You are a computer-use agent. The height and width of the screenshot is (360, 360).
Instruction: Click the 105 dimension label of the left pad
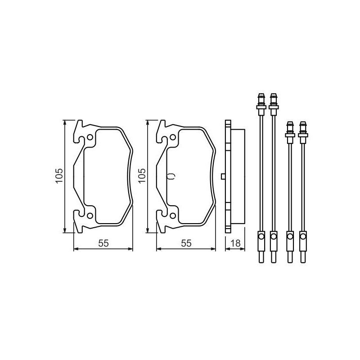pos(59,175)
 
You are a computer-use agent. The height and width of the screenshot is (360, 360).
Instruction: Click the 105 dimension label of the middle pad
pos(142,175)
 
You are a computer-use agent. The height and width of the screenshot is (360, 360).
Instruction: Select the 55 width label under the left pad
pos(103,243)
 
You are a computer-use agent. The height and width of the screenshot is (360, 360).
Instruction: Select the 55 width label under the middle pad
pos(186,243)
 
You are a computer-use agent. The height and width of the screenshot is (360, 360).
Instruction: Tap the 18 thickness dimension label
pos(235,243)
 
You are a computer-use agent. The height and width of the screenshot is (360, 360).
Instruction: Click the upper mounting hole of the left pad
pos(90,137)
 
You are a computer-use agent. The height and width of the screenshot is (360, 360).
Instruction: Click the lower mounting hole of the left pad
pos(90,216)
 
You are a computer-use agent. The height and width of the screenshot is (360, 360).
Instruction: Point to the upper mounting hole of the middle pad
pos(173,137)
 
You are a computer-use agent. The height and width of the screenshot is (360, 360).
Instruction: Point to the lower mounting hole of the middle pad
pos(173,216)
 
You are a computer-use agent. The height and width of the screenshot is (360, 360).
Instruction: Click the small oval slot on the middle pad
pos(171,176)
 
